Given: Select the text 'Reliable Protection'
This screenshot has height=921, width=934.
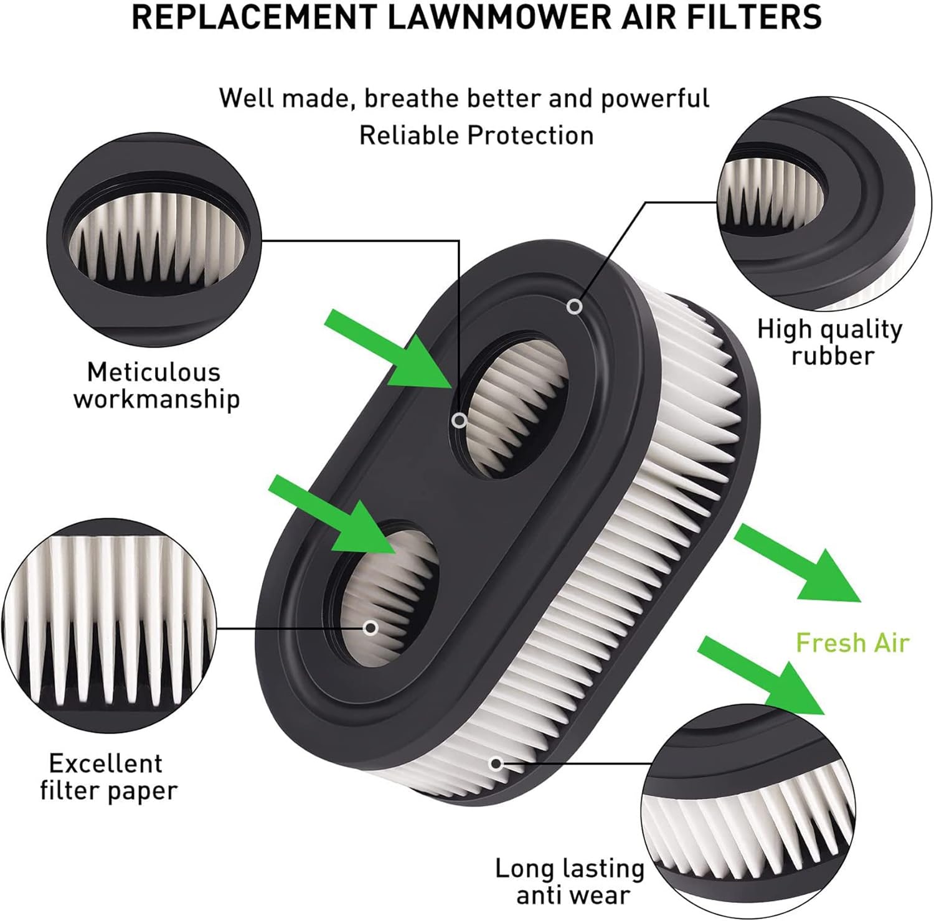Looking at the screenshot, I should pos(476,135).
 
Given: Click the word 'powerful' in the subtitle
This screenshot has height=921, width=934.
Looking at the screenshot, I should pos(654,98).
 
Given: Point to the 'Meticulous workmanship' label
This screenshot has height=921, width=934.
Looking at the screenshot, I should pos(156,385).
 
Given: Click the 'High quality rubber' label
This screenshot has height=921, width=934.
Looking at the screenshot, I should pos(830,342).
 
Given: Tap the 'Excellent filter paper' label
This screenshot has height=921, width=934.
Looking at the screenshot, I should pos(108,777).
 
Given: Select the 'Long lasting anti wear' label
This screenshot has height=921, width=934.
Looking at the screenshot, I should pos(569,881).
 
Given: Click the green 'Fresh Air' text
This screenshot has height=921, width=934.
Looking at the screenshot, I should pos(852,642).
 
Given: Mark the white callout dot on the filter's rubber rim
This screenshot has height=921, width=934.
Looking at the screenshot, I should pos(575,306).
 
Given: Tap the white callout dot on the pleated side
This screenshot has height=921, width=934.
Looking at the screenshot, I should pos(496,763).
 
